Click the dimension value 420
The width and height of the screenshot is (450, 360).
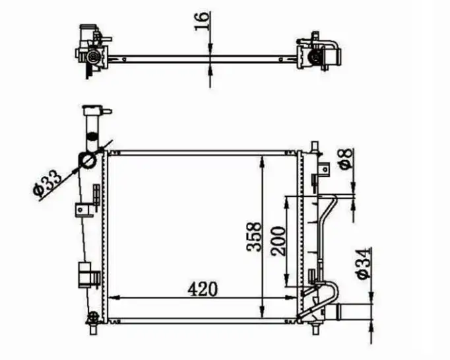(203, 289)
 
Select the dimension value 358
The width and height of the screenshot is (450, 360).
(254, 237)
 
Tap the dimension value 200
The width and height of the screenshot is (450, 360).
(278, 241)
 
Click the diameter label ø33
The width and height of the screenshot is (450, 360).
(47, 182)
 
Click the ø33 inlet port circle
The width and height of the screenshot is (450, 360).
(86, 160)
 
